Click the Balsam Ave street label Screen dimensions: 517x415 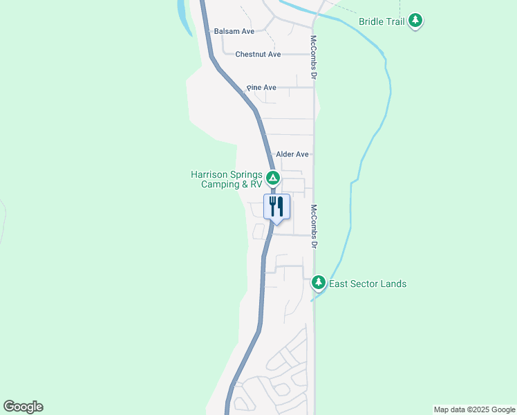(234, 31)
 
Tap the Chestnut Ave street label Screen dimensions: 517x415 (258, 54)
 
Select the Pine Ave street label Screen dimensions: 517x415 (261, 88)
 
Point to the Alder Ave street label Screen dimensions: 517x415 (292, 154)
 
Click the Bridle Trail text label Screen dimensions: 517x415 (382, 21)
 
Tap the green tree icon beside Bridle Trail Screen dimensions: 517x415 (415, 21)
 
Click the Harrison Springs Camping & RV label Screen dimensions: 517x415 (227, 180)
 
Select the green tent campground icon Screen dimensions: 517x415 (273, 179)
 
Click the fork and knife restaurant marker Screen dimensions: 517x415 (276, 207)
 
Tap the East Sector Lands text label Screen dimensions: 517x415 (368, 284)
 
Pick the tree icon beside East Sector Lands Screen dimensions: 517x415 (319, 282)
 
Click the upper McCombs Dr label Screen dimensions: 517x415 (313, 58)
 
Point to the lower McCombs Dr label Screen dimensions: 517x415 (314, 227)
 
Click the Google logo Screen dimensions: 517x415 (23, 407)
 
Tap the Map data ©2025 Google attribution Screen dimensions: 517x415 (473, 409)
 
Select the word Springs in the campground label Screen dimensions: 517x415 (246, 175)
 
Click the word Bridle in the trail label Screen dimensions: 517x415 (371, 21)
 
